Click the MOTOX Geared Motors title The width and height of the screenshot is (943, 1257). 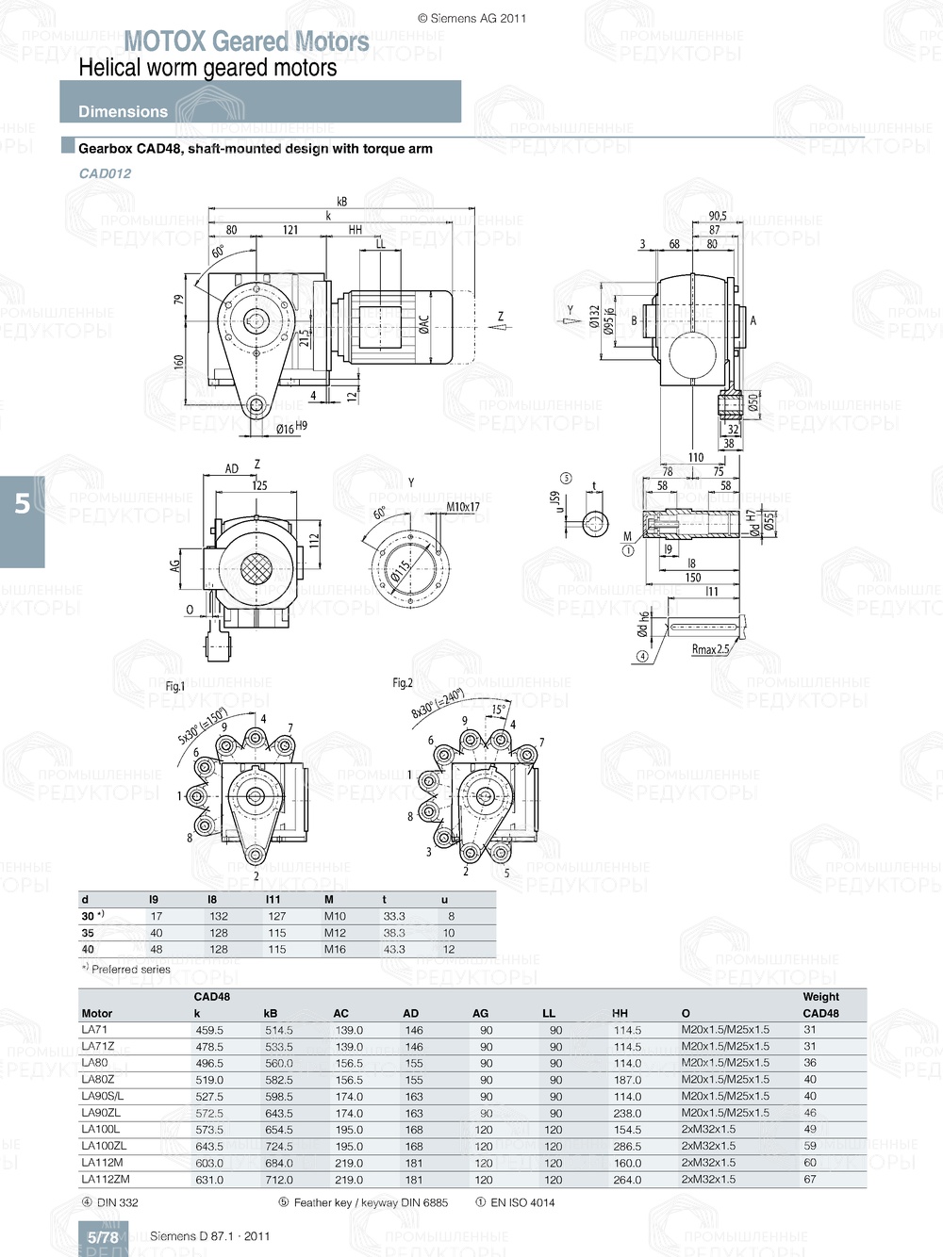pos(246,41)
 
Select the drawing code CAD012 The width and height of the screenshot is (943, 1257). pos(105,173)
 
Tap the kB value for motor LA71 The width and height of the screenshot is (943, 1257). pos(279,1030)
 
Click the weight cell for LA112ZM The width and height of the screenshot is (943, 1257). pos(810,1179)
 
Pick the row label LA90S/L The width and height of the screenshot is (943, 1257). pos(102,1096)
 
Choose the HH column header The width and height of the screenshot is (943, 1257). pos(620,1013)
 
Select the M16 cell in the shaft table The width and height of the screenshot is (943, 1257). pos(335,949)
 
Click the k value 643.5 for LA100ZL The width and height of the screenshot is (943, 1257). pos(209,1146)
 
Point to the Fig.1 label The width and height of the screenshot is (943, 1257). pos(175,686)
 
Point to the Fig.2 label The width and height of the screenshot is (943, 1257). pos(403,682)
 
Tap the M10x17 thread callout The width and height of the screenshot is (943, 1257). pos(462,507)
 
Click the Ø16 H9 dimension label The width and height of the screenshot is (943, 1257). pos(290,428)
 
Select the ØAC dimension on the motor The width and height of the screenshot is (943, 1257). pos(424,326)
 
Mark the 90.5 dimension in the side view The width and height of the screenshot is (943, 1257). pos(718,216)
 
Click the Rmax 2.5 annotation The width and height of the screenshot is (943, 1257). pos(710,648)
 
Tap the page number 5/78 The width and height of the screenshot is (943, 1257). pos(103,1237)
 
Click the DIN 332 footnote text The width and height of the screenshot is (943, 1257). pos(117,1202)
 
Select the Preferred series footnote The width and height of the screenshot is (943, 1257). pos(130,969)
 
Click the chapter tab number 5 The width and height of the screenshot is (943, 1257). pos(22,504)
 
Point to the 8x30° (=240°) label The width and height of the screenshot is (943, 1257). pos(437,703)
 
